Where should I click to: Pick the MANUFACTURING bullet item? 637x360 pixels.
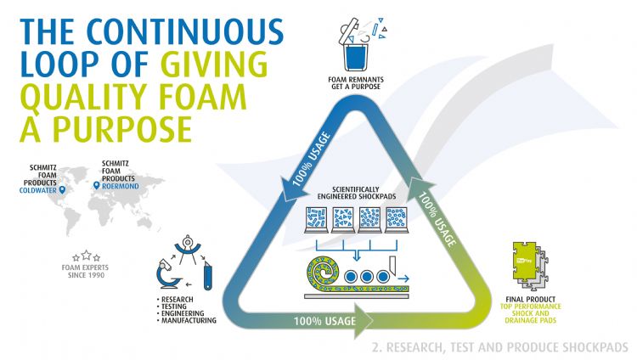point(188,321)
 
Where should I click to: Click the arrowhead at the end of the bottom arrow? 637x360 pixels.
point(363,322)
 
